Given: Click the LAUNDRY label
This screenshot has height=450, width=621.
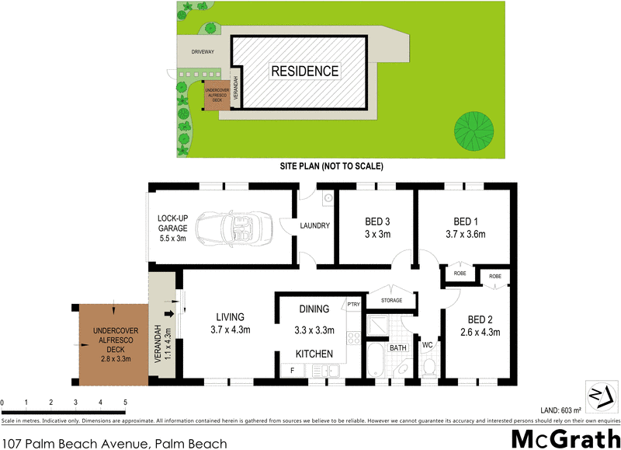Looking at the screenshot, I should click(316, 226).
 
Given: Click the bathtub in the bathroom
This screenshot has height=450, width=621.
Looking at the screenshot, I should click(376, 362).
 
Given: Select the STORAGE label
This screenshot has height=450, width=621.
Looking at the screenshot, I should click(392, 299).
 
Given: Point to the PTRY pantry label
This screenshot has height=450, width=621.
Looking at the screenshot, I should click(353, 305).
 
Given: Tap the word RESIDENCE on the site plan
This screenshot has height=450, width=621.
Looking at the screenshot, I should click(304, 72).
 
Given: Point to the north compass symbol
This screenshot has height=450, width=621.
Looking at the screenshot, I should click(599, 396).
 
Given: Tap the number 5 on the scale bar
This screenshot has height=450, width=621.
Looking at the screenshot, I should click(125, 403).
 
